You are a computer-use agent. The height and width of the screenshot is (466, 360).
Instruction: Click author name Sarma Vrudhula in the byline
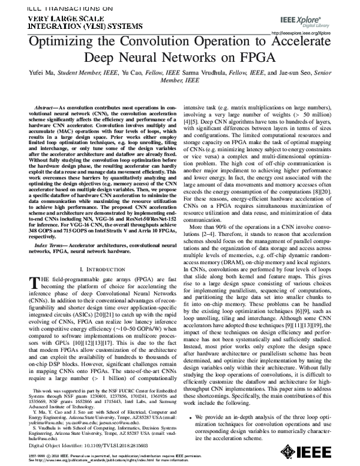coord(214,75)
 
